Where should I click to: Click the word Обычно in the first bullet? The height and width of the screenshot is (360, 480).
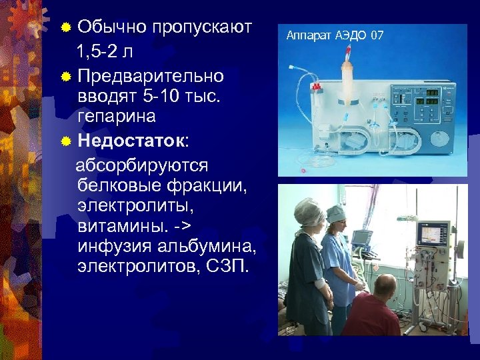111,27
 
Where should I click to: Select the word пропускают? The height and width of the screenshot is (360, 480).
201,27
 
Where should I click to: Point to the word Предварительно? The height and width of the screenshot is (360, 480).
150,75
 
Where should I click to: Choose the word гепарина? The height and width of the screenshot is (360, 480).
116,117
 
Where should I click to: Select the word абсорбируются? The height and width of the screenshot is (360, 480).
143,165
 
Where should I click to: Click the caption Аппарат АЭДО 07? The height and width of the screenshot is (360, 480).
335,35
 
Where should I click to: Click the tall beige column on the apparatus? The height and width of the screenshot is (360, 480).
347,73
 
